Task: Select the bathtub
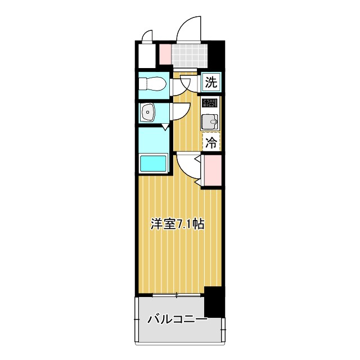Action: pyautogui.click(x=152, y=164)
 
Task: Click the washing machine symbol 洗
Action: pyautogui.click(x=211, y=83)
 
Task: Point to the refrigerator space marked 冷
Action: pyautogui.click(x=211, y=142)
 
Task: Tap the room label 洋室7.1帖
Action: pyautogui.click(x=177, y=224)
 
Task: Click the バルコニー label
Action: pyautogui.click(x=177, y=319)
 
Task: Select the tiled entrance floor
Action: pyautogui.click(x=190, y=55)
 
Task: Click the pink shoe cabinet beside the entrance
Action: pyautogui.click(x=165, y=54)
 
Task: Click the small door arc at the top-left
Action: pyautogui.click(x=147, y=36)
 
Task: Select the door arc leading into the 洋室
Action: pyautogui.click(x=187, y=167)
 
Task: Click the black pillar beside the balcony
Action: pyautogui.click(x=214, y=301)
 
